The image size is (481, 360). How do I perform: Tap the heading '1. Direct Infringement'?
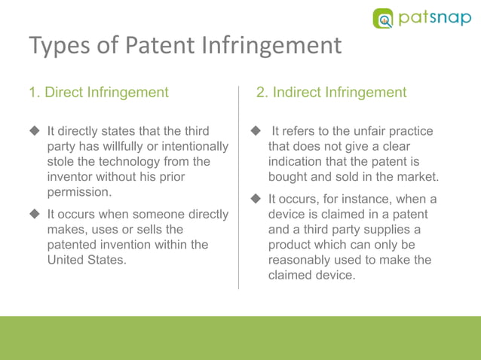[x=99, y=93]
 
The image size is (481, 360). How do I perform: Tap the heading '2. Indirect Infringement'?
[x=331, y=93]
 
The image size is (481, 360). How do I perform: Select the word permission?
[x=79, y=191]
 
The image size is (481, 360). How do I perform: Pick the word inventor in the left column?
[x=74, y=176]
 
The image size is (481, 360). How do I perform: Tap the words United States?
[x=86, y=260]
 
